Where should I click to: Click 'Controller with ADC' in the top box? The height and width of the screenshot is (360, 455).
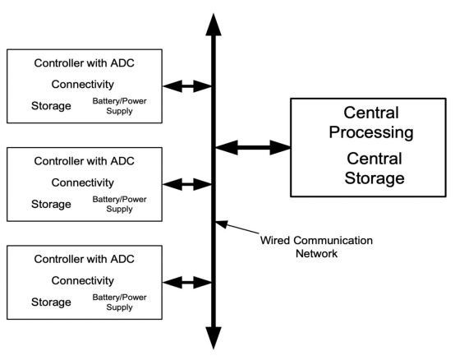(84, 63)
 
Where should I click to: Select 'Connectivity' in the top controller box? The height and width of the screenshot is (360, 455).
(83, 85)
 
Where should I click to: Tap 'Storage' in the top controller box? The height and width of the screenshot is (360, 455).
(51, 106)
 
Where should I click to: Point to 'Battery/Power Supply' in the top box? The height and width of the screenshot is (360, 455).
(119, 106)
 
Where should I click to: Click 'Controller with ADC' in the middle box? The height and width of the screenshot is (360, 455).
(84, 161)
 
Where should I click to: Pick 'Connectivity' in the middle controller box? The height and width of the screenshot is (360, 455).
(83, 182)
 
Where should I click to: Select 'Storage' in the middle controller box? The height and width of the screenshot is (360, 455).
(51, 204)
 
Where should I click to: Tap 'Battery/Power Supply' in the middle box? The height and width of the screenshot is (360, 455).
(119, 204)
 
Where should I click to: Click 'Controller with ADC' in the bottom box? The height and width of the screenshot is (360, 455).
(84, 259)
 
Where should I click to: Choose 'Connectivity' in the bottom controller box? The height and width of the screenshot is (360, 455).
(83, 281)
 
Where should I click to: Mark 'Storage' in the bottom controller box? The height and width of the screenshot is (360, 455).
(51, 302)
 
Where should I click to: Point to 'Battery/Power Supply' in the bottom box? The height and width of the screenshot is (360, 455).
(119, 302)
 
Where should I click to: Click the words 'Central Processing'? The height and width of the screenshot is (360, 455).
(371, 122)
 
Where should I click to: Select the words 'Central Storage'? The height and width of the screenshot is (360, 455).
(375, 168)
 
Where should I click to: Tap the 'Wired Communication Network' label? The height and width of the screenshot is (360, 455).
(316, 247)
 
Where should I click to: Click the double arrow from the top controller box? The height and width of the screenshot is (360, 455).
(187, 86)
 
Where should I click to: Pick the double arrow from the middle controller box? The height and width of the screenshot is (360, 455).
(187, 184)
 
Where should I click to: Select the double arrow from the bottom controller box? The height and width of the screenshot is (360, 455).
(187, 283)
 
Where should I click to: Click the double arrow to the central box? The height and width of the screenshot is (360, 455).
(253, 147)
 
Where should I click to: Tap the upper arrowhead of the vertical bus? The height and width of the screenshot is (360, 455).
(214, 25)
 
